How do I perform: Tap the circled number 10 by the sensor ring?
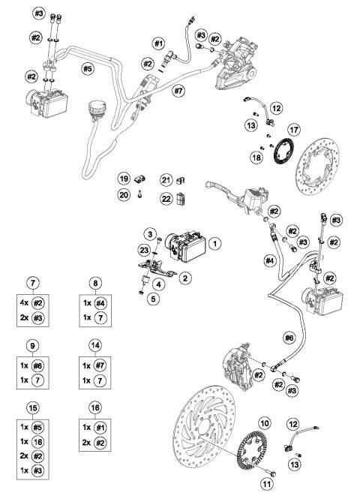point(264,424)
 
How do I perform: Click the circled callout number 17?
point(294,128)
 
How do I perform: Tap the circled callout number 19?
point(124,179)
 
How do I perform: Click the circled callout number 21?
point(166,179)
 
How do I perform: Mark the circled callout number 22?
point(166,198)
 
